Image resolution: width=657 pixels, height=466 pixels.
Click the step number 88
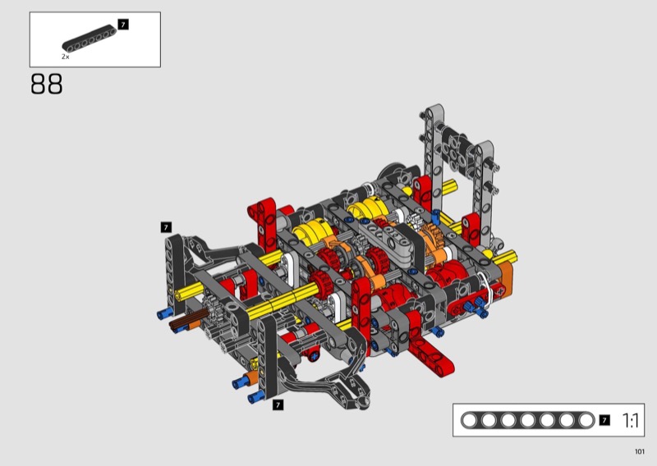click(x=47, y=84)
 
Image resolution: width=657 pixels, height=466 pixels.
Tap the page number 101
click(x=640, y=451)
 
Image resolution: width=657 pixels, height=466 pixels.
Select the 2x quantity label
click(x=66, y=57)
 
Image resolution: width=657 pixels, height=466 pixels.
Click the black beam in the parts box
click(x=90, y=39)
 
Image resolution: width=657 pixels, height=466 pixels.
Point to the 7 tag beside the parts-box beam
click(x=123, y=25)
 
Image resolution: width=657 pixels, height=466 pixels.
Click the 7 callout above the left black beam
click(x=166, y=227)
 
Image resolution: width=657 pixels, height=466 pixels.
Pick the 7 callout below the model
click(x=278, y=404)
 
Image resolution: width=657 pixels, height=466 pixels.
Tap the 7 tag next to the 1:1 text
click(x=604, y=420)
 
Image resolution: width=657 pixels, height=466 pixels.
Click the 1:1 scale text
click(x=630, y=420)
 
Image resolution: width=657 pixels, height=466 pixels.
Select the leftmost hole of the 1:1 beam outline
click(x=469, y=420)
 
